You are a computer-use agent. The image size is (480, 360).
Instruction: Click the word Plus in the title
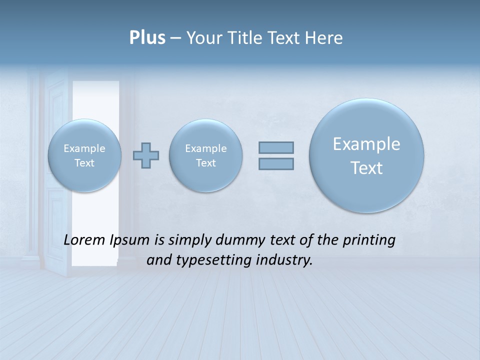(x=147, y=38)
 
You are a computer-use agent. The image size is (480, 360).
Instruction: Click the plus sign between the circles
(x=146, y=155)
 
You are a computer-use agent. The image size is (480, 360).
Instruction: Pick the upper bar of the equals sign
(x=276, y=147)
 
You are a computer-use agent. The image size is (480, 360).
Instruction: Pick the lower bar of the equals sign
(x=276, y=163)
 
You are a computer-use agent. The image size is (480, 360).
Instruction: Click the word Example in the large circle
(x=366, y=144)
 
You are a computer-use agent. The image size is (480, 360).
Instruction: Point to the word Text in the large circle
(x=366, y=168)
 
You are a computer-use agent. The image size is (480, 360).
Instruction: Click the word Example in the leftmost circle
(x=84, y=148)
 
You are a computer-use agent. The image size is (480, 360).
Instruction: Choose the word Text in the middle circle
(x=205, y=163)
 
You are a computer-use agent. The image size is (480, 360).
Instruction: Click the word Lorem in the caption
(x=85, y=240)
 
